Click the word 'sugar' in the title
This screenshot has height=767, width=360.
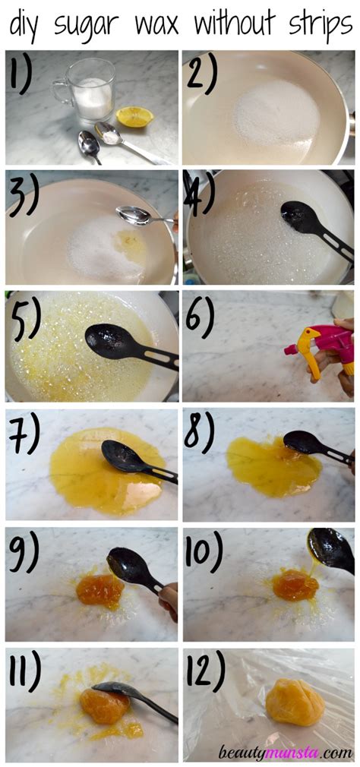90,25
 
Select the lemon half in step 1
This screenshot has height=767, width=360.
134,116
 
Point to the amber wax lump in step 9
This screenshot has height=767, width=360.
99,589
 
